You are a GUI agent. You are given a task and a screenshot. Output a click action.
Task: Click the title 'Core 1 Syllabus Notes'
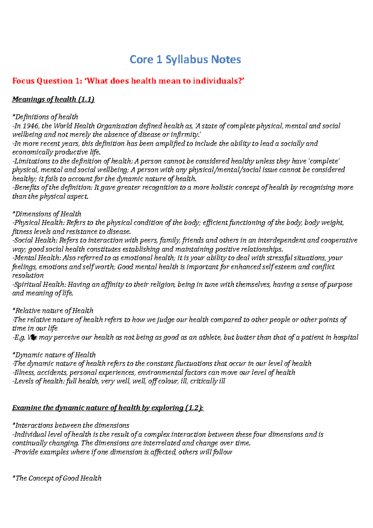click(185, 59)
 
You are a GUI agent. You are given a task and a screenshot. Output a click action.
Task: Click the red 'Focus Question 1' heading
click(128, 81)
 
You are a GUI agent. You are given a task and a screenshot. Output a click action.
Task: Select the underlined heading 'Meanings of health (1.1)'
click(53, 99)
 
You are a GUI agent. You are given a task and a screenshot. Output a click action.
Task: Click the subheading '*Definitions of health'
click(45, 117)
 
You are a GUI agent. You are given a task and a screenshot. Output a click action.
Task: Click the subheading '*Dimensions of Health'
click(47, 214)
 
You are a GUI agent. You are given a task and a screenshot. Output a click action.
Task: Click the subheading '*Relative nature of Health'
click(53, 311)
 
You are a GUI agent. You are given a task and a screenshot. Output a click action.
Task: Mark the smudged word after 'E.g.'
click(32, 337)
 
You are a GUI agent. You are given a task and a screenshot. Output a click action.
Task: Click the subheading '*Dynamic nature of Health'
click(54, 355)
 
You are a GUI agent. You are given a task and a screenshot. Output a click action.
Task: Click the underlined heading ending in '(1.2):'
click(108, 408)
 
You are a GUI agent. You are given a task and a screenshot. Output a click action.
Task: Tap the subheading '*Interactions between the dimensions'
click(71, 425)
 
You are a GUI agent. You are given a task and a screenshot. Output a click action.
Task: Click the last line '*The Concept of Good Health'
click(57, 478)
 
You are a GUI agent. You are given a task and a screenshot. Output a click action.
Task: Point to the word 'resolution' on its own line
click(28, 276)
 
